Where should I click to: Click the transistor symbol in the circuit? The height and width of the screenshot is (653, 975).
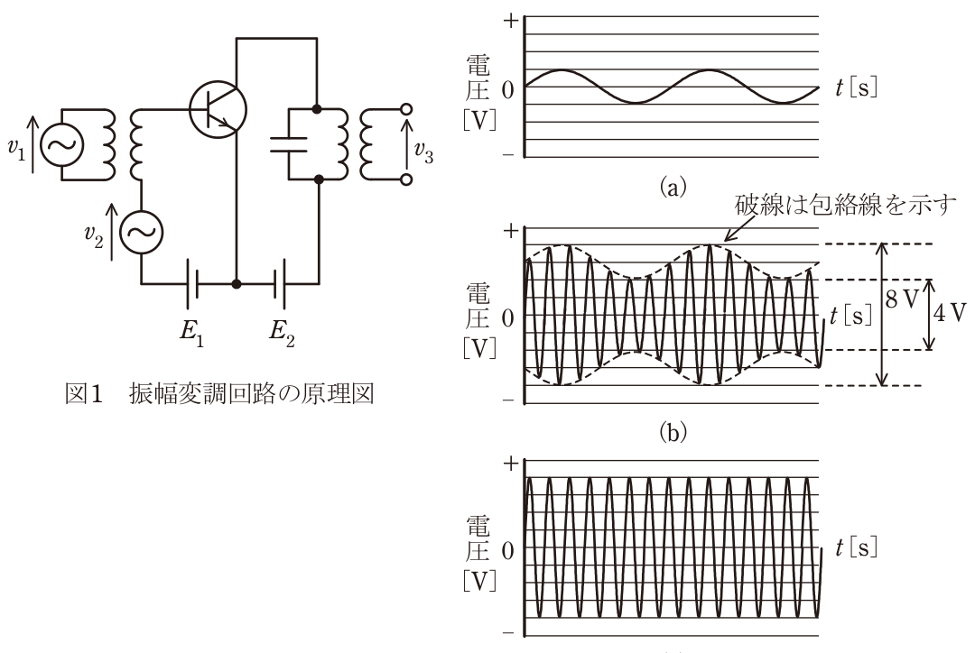[218, 109]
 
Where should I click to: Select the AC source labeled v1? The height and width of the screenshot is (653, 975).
[62, 145]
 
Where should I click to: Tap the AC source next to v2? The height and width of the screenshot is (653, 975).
[141, 232]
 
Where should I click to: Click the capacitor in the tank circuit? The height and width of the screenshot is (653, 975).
[289, 144]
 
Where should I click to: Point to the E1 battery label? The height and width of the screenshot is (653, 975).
[191, 333]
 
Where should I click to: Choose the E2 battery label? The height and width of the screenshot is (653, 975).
[282, 333]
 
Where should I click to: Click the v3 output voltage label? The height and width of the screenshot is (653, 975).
[423, 152]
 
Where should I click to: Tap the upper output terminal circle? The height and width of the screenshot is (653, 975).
[406, 110]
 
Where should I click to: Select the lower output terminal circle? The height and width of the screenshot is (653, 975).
[406, 179]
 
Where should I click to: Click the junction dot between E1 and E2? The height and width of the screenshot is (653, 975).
[236, 284]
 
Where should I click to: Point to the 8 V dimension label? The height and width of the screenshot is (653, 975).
[902, 300]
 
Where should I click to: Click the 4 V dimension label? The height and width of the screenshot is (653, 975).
[950, 313]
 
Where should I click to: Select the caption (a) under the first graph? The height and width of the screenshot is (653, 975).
[673, 187]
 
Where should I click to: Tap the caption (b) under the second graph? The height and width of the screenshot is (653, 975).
[673, 431]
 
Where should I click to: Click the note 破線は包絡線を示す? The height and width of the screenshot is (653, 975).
[845, 205]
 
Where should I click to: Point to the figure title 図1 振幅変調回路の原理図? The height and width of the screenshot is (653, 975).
[219, 394]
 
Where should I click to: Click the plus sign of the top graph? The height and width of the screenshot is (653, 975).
[510, 21]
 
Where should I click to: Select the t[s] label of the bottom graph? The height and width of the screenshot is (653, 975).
[856, 548]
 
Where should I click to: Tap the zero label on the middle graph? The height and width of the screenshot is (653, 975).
[508, 318]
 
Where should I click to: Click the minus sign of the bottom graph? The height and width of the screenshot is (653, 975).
[508, 632]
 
